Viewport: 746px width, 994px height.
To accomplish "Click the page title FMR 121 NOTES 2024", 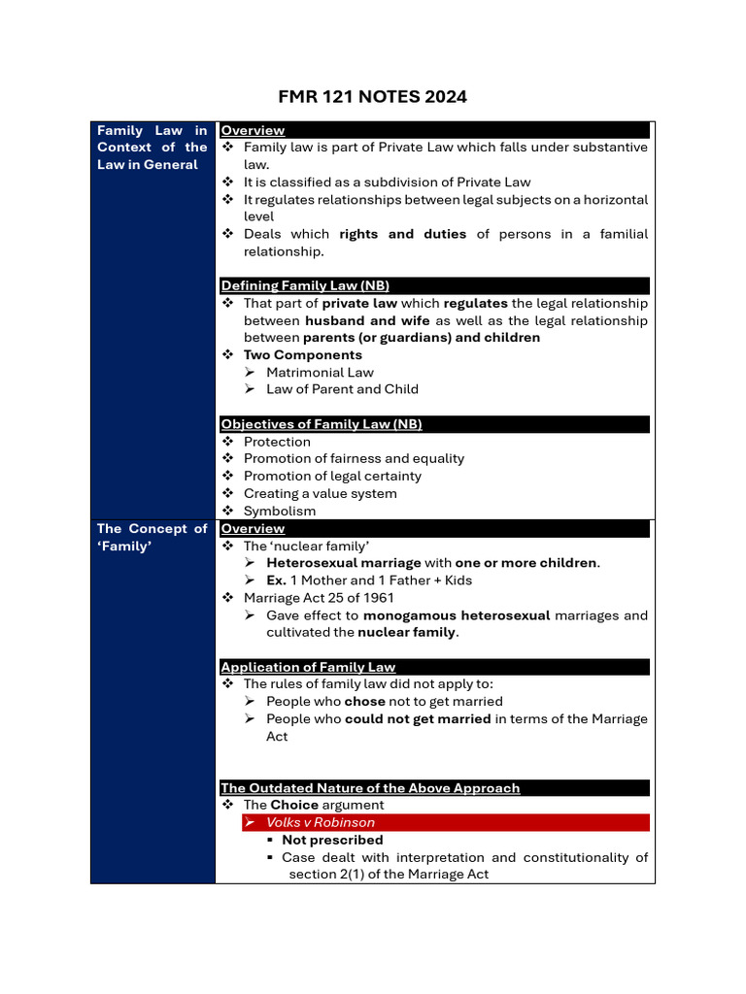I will (x=373, y=96).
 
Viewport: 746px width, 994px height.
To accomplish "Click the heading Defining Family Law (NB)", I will (x=305, y=285).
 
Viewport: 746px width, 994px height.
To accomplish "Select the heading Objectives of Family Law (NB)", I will (x=321, y=424).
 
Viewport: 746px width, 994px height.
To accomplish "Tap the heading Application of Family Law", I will (x=308, y=667).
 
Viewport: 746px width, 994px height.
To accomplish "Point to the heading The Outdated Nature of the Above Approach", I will (x=370, y=788).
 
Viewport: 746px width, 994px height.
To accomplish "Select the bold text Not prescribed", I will (x=332, y=840).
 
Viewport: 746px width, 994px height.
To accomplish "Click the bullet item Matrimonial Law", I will (x=320, y=372).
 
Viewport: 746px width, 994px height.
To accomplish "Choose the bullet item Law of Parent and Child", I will (x=342, y=389).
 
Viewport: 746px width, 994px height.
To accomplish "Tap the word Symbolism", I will (x=280, y=511).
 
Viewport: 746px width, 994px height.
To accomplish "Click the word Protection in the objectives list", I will (x=277, y=442).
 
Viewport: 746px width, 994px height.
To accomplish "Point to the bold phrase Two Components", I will (x=303, y=355).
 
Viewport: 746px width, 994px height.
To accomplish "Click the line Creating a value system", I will (x=320, y=493).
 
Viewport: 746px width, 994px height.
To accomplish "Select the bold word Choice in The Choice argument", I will (x=294, y=805).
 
